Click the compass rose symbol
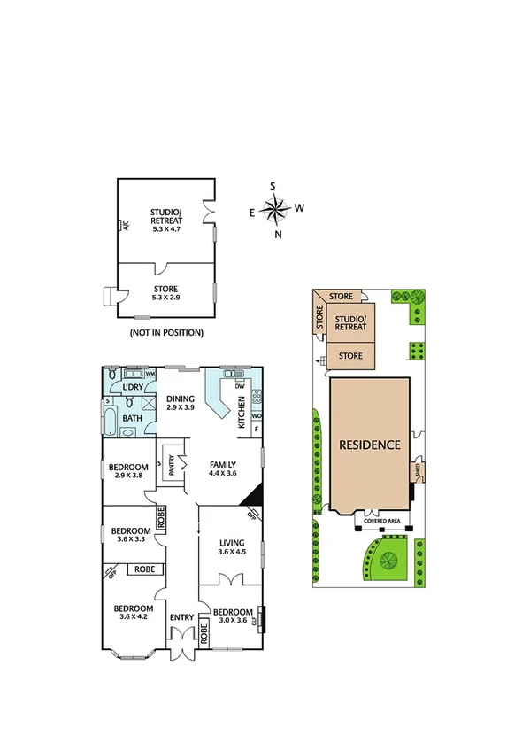pyautogui.click(x=278, y=210)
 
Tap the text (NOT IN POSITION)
pyautogui.click(x=166, y=333)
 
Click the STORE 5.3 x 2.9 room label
pyautogui.click(x=165, y=293)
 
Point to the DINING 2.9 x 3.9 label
pyautogui.click(x=181, y=403)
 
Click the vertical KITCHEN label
pyautogui.click(x=241, y=413)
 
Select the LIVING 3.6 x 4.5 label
pyautogui.click(x=232, y=546)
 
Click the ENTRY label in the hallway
pyautogui.click(x=181, y=617)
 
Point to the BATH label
pyautogui.click(x=133, y=418)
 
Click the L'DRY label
pyautogui.click(x=134, y=387)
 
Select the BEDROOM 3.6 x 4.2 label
pyautogui.click(x=133, y=612)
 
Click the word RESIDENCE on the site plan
pyautogui.click(x=371, y=445)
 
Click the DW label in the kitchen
pyautogui.click(x=239, y=385)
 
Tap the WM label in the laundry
pyautogui.click(x=150, y=375)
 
